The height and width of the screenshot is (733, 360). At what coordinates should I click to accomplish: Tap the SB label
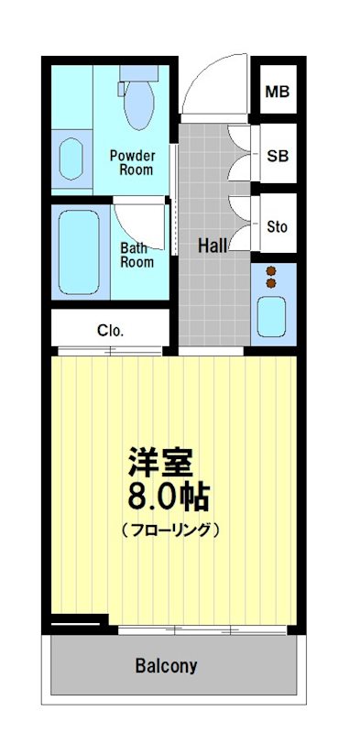pyautogui.click(x=277, y=156)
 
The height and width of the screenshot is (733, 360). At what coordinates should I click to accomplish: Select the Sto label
pyautogui.click(x=277, y=224)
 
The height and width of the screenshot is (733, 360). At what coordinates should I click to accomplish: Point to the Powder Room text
pyautogui.click(x=132, y=163)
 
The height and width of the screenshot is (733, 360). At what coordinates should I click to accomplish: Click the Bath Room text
pyautogui.click(x=136, y=255)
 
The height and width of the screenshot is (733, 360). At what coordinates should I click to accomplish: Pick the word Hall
pyautogui.click(x=213, y=246)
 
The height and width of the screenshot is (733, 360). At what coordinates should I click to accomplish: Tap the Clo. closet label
pyautogui.click(x=110, y=330)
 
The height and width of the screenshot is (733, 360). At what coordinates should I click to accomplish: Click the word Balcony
pyautogui.click(x=166, y=666)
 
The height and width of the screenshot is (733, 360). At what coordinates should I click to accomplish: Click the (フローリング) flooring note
pyautogui.click(x=170, y=529)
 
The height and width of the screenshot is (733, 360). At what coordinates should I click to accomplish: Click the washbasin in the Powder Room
pyautogui.click(x=71, y=159)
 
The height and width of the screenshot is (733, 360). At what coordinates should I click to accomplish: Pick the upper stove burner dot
pyautogui.click(x=271, y=271)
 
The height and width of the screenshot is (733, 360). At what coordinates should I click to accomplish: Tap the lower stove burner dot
pyautogui.click(x=271, y=284)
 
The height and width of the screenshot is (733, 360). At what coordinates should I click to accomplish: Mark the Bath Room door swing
pyautogui.click(x=140, y=224)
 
